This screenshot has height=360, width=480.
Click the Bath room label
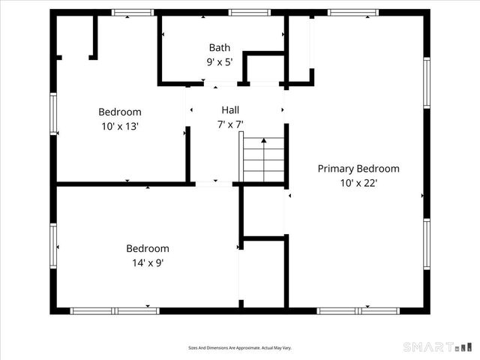pos(220,46)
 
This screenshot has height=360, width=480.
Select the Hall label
pos(230,109)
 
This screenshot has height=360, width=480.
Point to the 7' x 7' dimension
pos(230,124)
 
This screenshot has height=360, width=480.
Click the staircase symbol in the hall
pos(263,160)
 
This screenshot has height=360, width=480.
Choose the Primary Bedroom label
pos(358,169)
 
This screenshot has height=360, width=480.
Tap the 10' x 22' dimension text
pos(358,183)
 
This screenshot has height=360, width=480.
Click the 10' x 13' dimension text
pos(120,127)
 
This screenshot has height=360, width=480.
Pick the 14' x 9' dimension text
pos(147,262)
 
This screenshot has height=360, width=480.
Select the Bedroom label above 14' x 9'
pos(147,248)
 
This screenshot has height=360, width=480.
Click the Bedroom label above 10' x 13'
pos(120,112)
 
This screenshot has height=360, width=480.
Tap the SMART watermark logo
pos(438,347)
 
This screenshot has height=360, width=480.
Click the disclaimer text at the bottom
pos(240,348)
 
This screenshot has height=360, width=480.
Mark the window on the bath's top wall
pos(250,12)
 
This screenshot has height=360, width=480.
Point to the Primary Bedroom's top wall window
pos(352,12)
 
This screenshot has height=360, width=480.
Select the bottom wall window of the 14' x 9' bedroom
pos(115,310)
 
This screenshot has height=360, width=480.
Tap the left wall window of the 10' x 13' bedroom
pos(53,113)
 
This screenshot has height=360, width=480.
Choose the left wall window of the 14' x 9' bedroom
pos(53,245)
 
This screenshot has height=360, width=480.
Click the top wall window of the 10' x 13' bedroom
pos(133,12)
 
